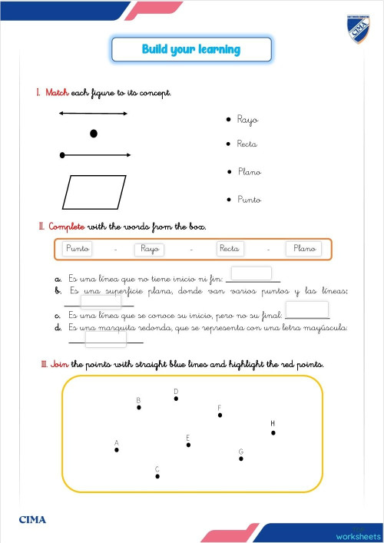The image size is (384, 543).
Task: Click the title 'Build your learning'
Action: coord(191,49)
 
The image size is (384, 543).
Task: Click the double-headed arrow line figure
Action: coord(94,114)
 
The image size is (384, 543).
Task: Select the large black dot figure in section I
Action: coord(94,134)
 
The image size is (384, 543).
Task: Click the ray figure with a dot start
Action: coord(94,155)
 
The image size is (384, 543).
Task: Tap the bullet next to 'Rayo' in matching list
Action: coord(229,121)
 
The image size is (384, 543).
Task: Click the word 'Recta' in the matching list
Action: coord(247,144)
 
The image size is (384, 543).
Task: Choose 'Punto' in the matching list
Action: coord(250,200)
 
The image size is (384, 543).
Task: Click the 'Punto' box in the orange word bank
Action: coord(78,249)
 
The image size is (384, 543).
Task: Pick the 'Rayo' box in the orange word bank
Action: coord(150,249)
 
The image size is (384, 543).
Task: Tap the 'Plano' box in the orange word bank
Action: coord(306,249)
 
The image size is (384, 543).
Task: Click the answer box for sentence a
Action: coord(251,273)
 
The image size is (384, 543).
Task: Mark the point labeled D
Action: coord(176,399)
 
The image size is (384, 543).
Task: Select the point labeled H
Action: coord(273,432)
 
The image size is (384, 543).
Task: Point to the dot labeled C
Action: coord(157,476)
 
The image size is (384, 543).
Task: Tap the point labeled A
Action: coord(117,450)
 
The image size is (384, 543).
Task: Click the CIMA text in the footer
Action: coord(32,520)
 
